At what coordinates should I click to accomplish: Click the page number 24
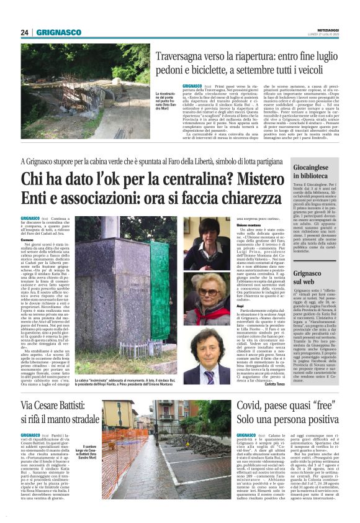tap(25, 32)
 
